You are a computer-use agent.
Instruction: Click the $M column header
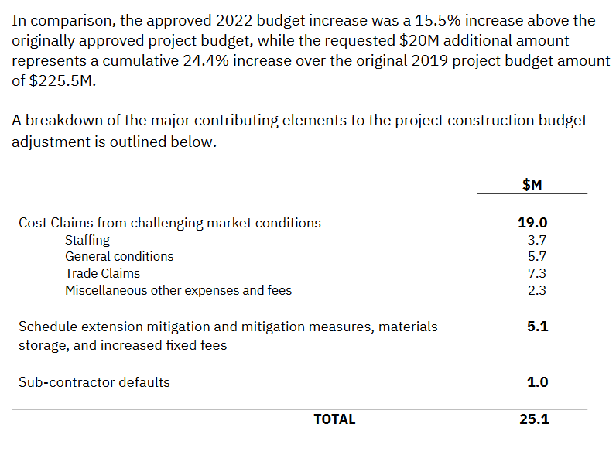(532, 184)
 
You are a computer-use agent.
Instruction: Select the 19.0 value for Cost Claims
(532, 223)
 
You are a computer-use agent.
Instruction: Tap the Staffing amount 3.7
(536, 240)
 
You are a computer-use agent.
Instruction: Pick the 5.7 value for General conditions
(536, 256)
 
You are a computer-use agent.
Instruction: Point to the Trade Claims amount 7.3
(536, 273)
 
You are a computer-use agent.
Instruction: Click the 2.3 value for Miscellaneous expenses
(536, 290)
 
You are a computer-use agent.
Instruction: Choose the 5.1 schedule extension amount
(537, 327)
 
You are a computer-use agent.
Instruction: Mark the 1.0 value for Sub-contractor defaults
(537, 382)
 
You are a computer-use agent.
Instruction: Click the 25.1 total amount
(534, 419)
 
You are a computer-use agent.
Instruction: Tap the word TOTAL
(334, 419)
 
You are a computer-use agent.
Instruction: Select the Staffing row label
(87, 240)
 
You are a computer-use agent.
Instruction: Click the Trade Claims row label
(102, 273)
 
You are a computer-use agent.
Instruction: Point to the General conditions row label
(119, 256)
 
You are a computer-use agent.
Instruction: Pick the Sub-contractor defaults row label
(94, 382)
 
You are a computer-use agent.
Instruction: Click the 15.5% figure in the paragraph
(438, 20)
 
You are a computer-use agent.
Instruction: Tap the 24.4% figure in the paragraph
(206, 61)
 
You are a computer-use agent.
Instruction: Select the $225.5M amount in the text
(63, 81)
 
